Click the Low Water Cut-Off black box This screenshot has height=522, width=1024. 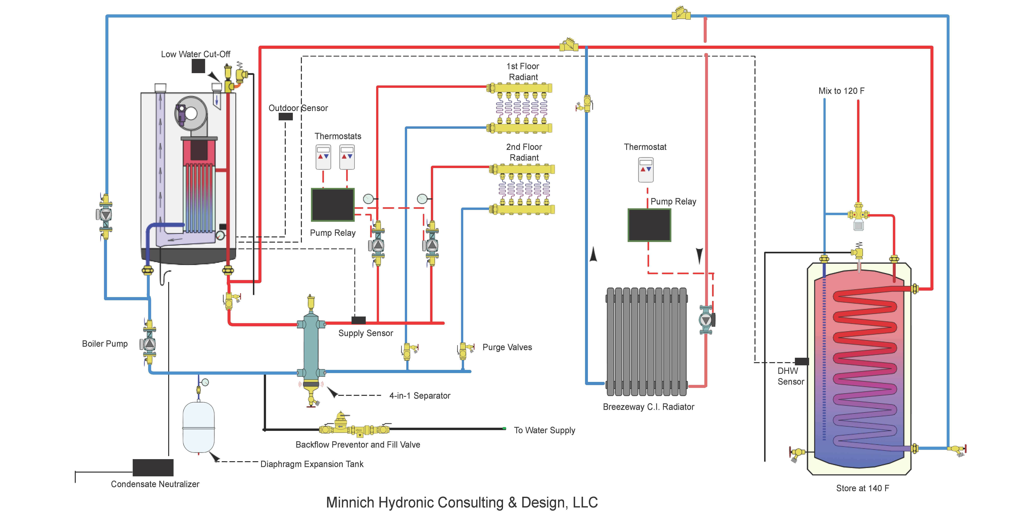(198, 66)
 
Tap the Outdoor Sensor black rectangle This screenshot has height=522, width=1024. (285, 117)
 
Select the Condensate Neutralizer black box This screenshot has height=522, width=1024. (153, 468)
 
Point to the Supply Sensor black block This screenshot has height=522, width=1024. (359, 320)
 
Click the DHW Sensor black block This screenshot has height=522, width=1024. (801, 361)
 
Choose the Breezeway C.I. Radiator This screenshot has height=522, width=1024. (647, 341)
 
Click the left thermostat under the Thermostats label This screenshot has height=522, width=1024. (323, 157)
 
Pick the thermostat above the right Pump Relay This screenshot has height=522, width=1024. (646, 169)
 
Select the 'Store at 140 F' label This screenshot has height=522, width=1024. (862, 488)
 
